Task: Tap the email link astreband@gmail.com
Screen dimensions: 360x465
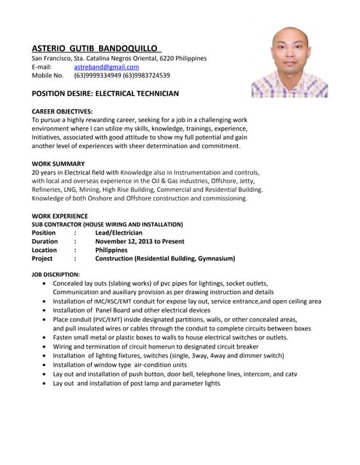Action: click(x=106, y=67)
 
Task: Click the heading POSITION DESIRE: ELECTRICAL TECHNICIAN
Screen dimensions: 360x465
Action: click(x=105, y=94)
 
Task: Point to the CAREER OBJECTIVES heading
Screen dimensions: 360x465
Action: click(x=63, y=110)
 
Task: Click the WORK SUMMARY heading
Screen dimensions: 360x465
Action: click(x=58, y=163)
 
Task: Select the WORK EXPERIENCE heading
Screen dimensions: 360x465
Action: click(x=60, y=216)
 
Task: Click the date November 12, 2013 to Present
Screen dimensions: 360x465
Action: click(x=140, y=241)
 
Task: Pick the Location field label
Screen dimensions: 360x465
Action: click(x=44, y=250)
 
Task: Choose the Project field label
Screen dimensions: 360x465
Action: click(x=42, y=259)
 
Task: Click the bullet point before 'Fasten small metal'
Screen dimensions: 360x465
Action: click(x=47, y=338)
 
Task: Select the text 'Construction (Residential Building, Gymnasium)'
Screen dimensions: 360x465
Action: click(x=165, y=259)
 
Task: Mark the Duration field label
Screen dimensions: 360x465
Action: click(x=45, y=241)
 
